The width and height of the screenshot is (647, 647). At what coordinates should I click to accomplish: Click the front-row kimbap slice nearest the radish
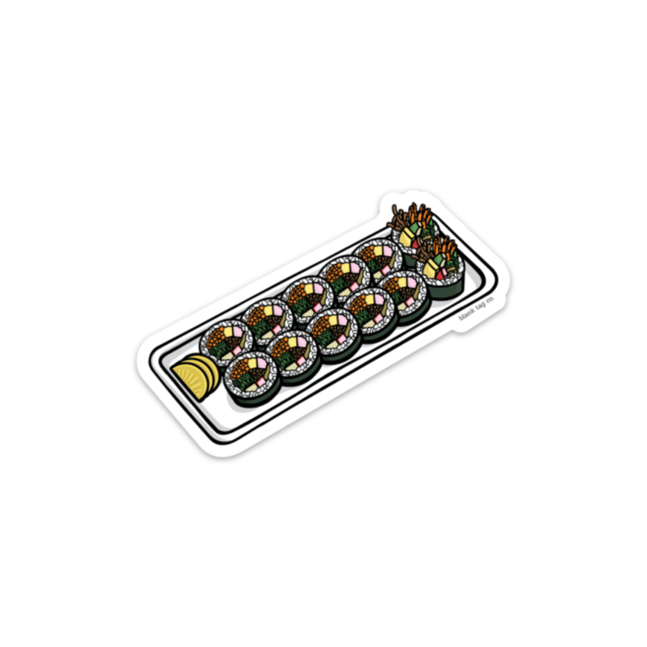coord(251,375)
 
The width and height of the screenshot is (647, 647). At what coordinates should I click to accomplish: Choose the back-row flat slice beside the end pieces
coord(378,261)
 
